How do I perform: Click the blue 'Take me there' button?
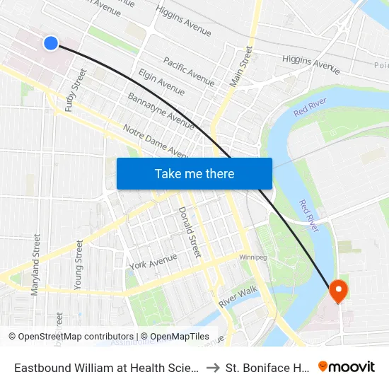pyautogui.click(x=194, y=173)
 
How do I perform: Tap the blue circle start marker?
pyautogui.click(x=51, y=43)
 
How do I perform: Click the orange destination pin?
pyautogui.click(x=337, y=291)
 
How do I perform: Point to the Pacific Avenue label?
pyautogui.click(x=189, y=72)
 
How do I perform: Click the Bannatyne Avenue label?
pyautogui.click(x=161, y=110)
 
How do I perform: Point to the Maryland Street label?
pyautogui.click(x=35, y=265)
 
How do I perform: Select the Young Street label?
pyautogui.click(x=79, y=265)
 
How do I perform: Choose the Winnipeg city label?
pyautogui.click(x=252, y=257)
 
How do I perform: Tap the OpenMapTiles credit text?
pyautogui.click(x=175, y=337)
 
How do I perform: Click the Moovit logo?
pyautogui.click(x=346, y=367)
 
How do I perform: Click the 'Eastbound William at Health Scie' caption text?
pyautogui.click(x=106, y=368)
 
